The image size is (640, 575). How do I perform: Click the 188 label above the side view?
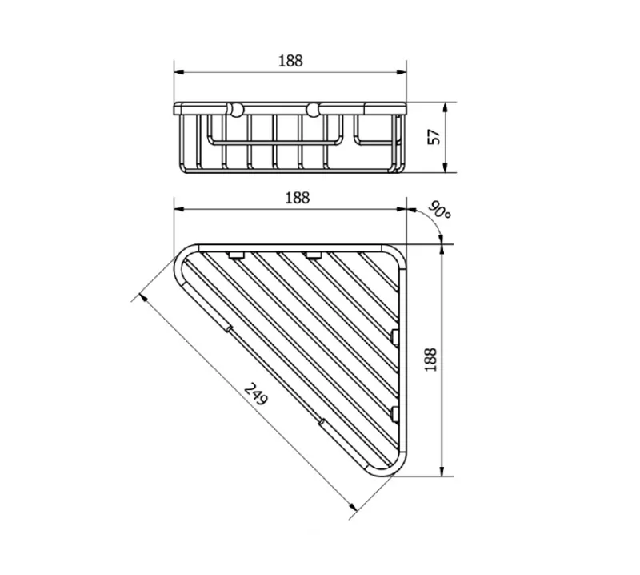[x=290, y=61]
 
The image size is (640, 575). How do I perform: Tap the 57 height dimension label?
[x=434, y=136]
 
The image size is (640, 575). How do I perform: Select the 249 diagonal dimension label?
[x=256, y=394]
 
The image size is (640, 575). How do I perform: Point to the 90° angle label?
[x=439, y=211]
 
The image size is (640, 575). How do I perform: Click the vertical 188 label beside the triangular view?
[x=431, y=360]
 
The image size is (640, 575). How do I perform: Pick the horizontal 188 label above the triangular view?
[x=297, y=198]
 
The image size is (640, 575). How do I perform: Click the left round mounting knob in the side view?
[x=235, y=110]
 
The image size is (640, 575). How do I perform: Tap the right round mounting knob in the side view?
[x=313, y=110]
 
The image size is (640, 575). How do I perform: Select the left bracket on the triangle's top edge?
[x=236, y=255]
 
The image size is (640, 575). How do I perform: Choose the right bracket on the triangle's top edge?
[x=314, y=255]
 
